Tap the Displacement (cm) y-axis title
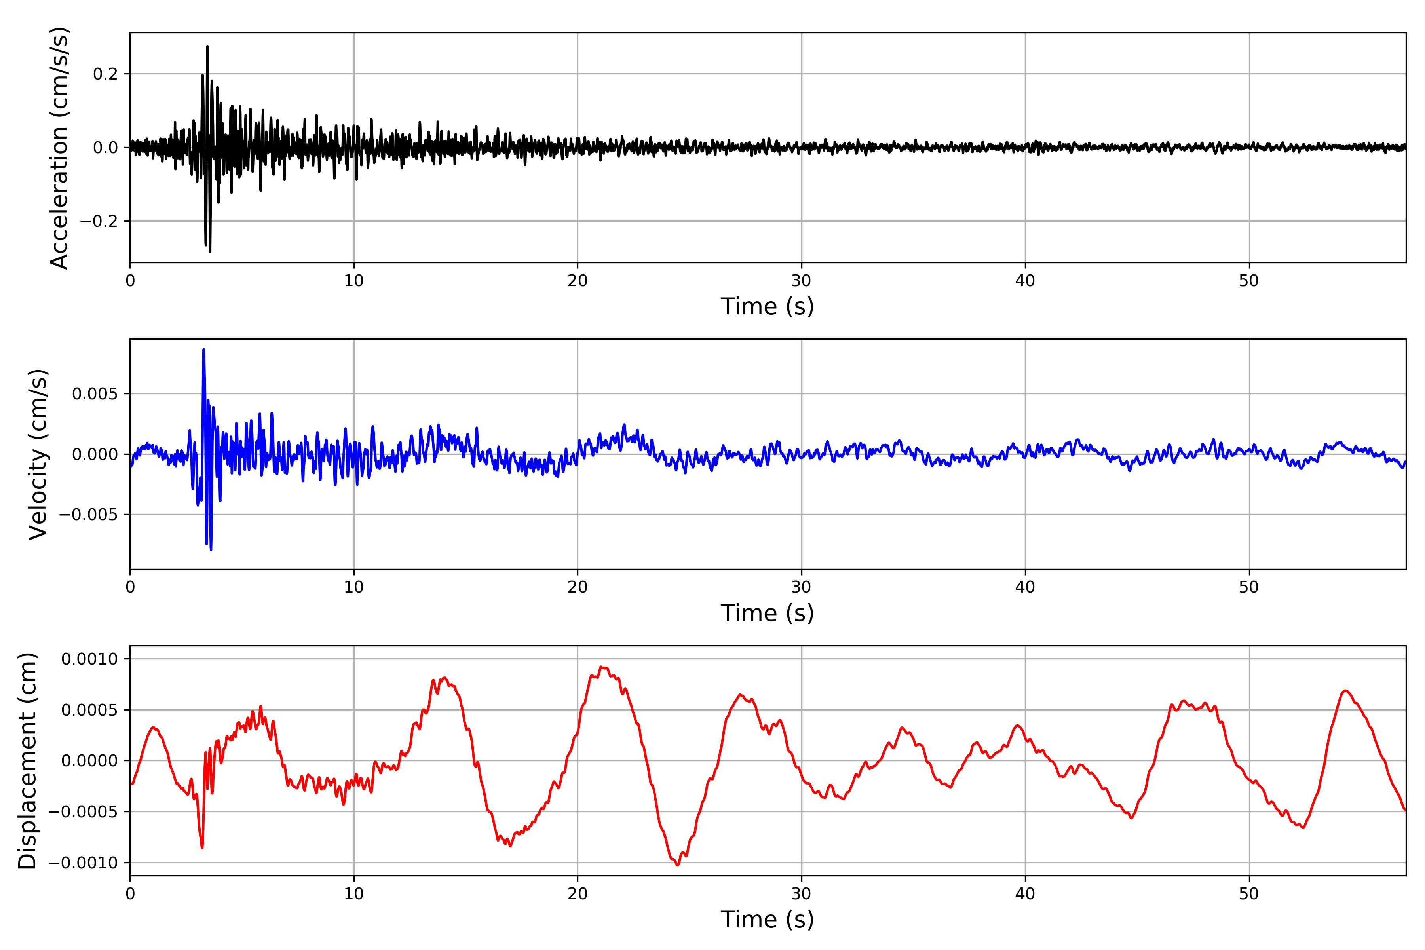(27, 760)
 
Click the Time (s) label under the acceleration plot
(767, 306)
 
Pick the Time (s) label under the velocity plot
(767, 613)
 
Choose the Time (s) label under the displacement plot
(767, 920)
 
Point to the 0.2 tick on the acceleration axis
(105, 74)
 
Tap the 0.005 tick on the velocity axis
(95, 394)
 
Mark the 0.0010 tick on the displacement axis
(90, 659)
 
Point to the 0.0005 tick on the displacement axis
(90, 710)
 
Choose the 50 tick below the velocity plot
(1249, 587)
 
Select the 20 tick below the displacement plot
(578, 894)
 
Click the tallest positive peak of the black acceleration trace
(207, 47)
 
